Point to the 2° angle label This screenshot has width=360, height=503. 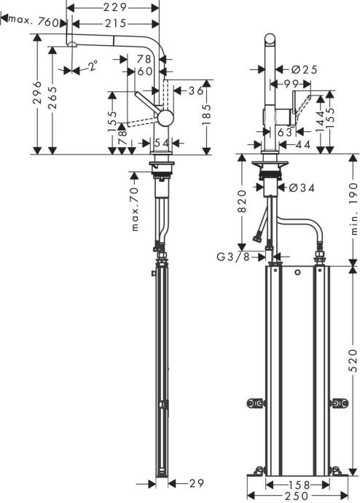point(92,66)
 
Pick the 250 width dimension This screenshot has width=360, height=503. point(297,496)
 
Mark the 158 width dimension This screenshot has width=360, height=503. point(298,484)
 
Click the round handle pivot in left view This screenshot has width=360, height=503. point(167,118)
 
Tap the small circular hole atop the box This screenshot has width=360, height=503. point(297,274)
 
